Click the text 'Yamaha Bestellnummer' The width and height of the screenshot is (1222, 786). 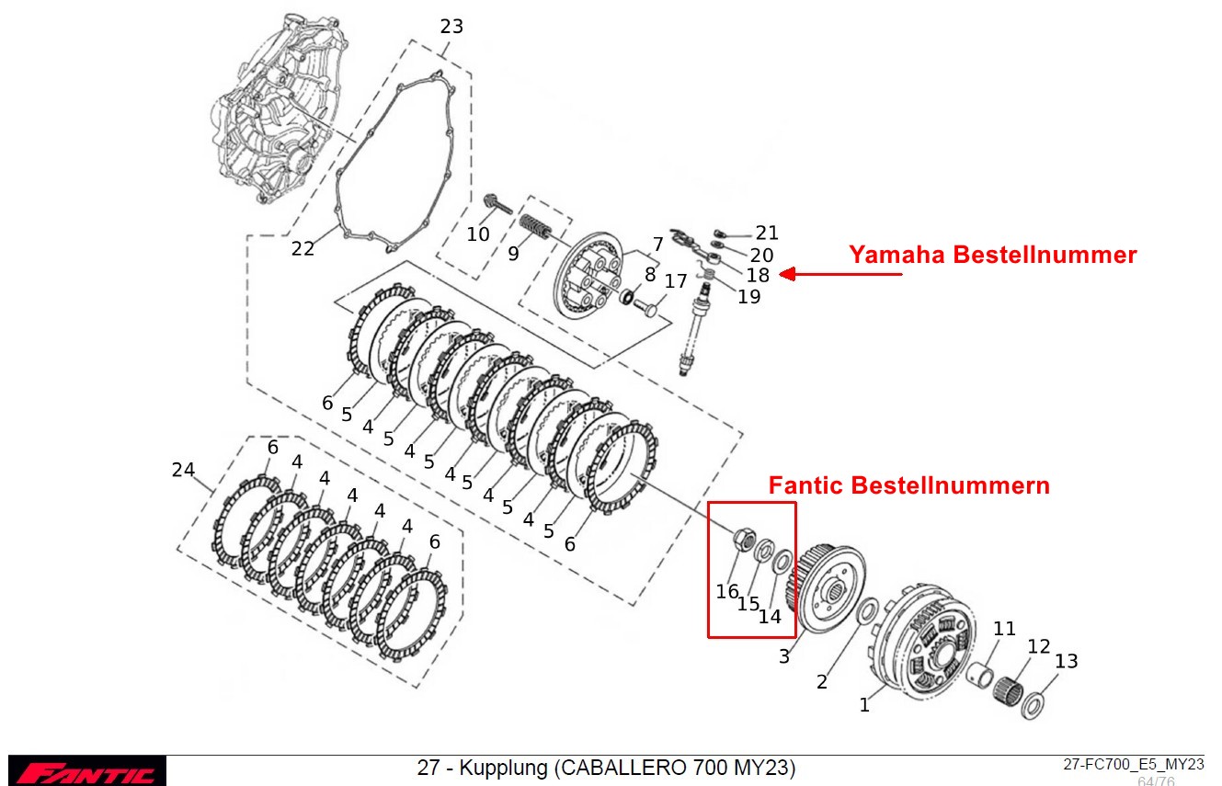(x=992, y=255)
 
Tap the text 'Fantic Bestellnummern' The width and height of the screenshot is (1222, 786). (x=908, y=484)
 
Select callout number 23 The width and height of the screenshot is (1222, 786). (x=451, y=26)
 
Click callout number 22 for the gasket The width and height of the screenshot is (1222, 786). (x=303, y=248)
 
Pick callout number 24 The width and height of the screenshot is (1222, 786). (x=183, y=470)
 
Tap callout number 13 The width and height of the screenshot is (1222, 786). (x=1066, y=661)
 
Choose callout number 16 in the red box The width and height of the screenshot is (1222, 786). (x=727, y=592)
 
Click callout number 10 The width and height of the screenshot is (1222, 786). (x=478, y=234)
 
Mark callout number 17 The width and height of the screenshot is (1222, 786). (x=676, y=280)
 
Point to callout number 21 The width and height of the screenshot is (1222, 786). (x=767, y=233)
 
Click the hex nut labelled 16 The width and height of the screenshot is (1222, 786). (x=744, y=539)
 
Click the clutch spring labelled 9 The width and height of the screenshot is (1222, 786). (x=535, y=224)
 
